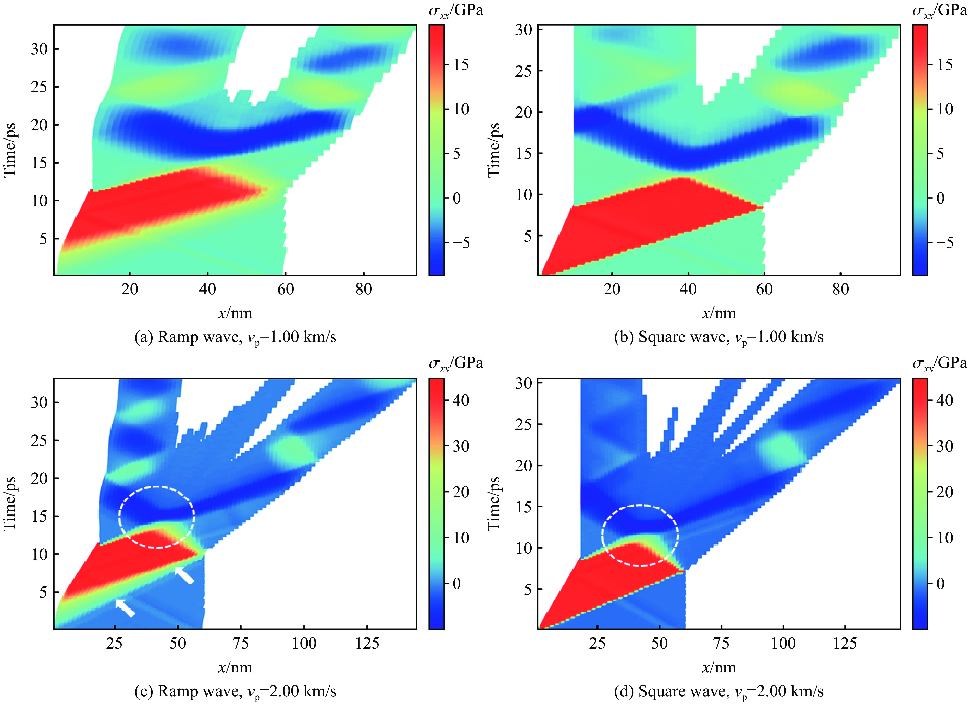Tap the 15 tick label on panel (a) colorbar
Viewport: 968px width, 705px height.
[x=460, y=65]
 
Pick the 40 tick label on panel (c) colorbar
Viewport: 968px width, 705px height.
[x=460, y=400]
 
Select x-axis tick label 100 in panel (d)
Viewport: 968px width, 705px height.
[x=783, y=643]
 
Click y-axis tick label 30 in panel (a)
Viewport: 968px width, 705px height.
[x=39, y=49]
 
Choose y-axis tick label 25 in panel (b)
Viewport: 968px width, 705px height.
[x=523, y=71]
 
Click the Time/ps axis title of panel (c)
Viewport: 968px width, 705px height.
[x=9, y=504]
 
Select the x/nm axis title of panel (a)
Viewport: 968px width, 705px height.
[x=235, y=313]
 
